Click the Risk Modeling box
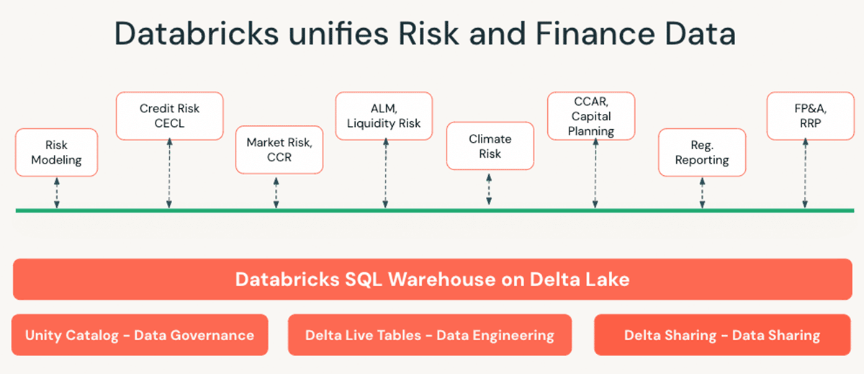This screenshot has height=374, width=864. click(56, 152)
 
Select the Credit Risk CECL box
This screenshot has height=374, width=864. click(169, 115)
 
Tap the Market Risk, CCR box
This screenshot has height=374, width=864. click(279, 149)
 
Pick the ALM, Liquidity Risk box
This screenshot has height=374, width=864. click(384, 115)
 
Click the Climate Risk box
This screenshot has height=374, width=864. click(490, 146)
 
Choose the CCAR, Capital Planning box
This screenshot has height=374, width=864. click(591, 115)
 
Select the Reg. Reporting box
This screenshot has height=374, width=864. click(701, 152)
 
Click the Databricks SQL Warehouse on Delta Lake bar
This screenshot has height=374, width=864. click(432, 280)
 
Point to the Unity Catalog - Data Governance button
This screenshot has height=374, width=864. click(140, 335)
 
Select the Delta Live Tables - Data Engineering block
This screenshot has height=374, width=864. click(430, 335)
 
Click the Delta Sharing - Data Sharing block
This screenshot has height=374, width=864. click(722, 335)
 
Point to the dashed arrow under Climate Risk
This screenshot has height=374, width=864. click(489, 189)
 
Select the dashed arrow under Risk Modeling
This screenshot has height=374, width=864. click(57, 192)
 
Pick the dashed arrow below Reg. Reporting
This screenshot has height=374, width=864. click(702, 192)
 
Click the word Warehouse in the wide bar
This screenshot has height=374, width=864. click(442, 280)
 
